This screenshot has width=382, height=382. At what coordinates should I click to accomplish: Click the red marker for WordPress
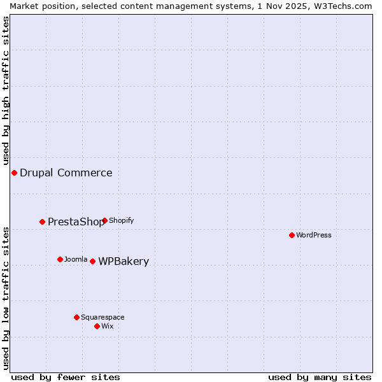point(292,235)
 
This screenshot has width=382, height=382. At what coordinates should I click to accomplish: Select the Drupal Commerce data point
point(14,173)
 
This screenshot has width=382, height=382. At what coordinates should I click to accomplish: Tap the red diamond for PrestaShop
point(42,222)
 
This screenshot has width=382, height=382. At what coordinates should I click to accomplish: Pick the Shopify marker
point(104,220)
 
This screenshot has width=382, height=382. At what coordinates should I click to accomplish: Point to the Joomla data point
point(60,259)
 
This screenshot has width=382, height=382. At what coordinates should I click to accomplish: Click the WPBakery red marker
point(92,261)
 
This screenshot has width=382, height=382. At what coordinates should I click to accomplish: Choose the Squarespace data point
point(76,317)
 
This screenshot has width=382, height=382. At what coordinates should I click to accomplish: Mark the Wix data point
point(97,326)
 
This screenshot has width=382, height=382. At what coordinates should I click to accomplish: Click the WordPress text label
point(314,235)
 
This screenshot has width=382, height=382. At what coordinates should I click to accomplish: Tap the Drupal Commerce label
point(66,173)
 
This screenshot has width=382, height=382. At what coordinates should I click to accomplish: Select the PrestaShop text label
point(76,222)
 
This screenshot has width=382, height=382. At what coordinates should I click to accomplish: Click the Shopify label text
point(122,220)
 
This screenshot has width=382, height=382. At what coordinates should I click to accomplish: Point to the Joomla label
point(76,259)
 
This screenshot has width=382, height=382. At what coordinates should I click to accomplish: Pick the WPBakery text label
point(124,261)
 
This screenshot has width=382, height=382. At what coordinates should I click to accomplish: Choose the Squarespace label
point(103,317)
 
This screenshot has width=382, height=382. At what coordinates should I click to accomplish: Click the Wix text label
point(108,326)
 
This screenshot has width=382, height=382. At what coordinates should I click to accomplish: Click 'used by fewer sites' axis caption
point(66,377)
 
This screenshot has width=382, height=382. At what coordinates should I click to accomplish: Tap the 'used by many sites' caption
point(320,377)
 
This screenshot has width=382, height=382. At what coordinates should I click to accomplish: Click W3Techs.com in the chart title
point(344,6)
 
